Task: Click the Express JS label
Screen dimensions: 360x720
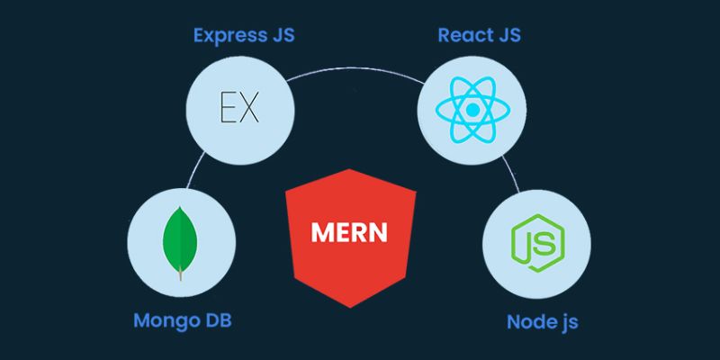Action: click(243, 37)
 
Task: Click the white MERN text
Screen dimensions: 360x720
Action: click(349, 232)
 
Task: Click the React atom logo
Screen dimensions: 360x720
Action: click(471, 112)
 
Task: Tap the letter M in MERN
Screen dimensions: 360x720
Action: click(321, 232)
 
